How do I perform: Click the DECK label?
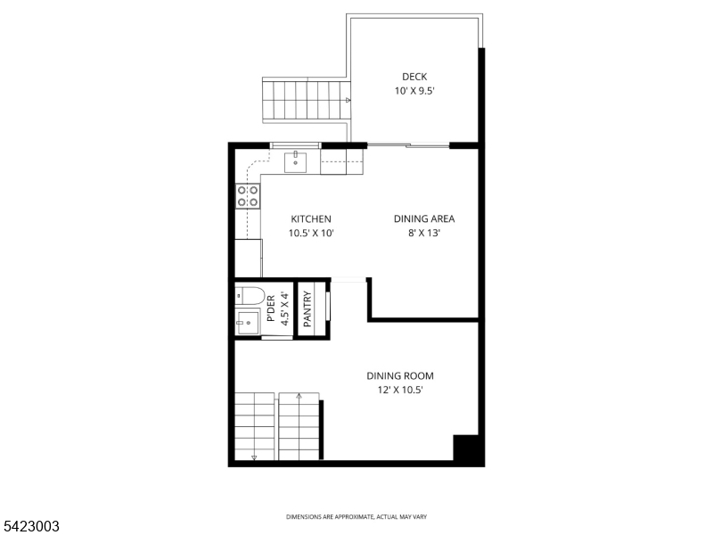click(x=414, y=77)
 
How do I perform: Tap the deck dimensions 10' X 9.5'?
click(x=414, y=91)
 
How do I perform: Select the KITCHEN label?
click(x=311, y=219)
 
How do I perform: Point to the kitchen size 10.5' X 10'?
click(x=311, y=234)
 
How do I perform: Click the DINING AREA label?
click(x=424, y=219)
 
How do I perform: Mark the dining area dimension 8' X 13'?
click(x=424, y=234)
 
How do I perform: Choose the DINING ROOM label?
click(x=400, y=376)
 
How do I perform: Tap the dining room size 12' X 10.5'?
click(x=400, y=391)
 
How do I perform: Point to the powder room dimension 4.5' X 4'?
click(x=284, y=310)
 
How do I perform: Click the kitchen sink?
click(x=296, y=162)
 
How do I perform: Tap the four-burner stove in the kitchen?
click(x=248, y=195)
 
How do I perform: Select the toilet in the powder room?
click(x=249, y=295)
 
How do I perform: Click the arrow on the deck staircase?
click(x=347, y=101)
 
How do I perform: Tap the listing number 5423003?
click(x=31, y=526)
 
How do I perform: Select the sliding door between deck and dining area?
click(x=407, y=144)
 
